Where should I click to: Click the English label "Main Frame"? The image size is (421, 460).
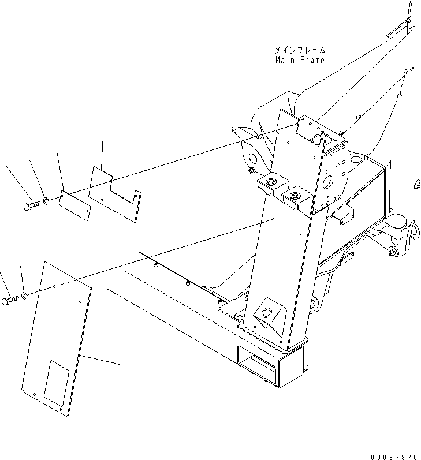pos(299,60)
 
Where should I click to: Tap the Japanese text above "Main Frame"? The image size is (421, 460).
pos(299,51)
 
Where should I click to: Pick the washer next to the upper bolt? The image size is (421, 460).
pos(46,202)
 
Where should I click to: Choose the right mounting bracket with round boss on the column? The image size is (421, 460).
pos(297,197)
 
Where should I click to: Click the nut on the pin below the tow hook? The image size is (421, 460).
pos(392,252)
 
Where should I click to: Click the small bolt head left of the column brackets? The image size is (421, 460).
pos(251,170)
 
